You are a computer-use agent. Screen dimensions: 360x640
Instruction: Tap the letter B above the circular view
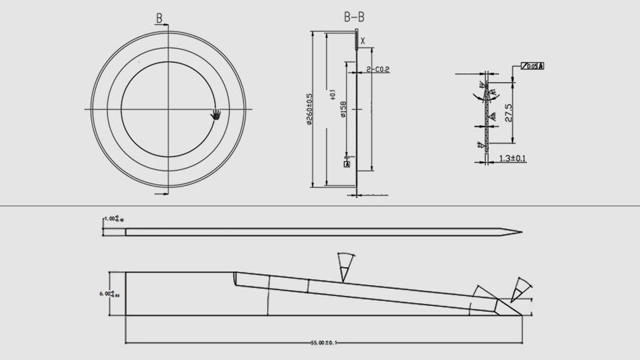[159, 18]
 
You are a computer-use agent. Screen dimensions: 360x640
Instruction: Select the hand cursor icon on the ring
[215, 114]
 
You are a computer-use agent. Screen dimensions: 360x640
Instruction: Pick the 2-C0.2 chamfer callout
[377, 70]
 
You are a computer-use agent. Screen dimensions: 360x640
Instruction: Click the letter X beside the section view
[363, 41]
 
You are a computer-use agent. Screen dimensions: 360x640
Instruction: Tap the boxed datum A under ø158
[347, 164]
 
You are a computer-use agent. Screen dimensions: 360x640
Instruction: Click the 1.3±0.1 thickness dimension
[512, 158]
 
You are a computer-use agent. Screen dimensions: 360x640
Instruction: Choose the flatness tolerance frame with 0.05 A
[532, 66]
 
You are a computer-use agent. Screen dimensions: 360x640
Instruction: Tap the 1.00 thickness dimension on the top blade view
[110, 219]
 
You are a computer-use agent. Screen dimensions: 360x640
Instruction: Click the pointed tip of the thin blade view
[521, 232]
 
